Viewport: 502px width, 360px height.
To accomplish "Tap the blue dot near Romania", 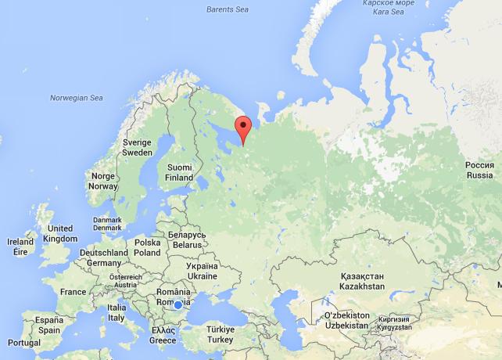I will click(x=178, y=304).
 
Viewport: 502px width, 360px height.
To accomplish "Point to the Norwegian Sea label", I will click(x=77, y=98).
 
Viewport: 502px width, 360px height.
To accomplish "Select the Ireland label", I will click(x=20, y=247).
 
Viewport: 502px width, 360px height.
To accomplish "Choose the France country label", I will click(x=74, y=291).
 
